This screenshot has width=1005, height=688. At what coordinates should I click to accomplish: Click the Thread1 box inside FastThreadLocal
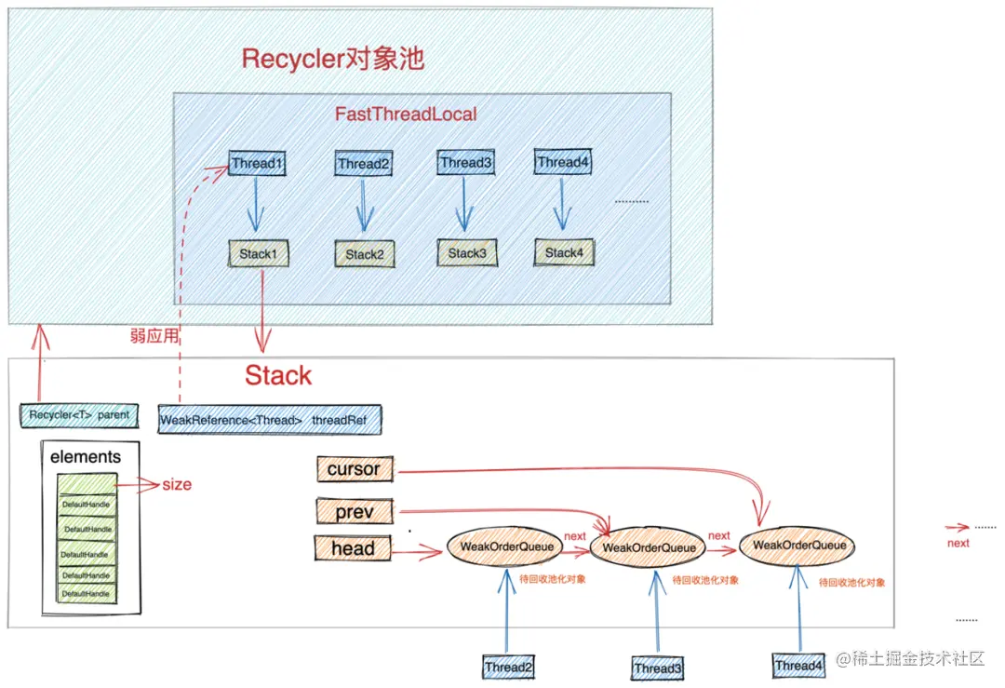256,164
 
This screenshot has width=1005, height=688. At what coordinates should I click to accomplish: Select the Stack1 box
258,254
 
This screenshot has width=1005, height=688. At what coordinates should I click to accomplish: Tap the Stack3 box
466,253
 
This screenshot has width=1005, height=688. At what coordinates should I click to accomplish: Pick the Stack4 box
563,252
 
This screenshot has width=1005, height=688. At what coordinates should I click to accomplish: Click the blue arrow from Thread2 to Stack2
364,206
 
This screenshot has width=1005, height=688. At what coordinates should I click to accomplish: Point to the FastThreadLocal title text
406,115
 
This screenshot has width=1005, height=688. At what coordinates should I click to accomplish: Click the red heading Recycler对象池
332,60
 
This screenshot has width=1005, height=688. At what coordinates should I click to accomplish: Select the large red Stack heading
278,376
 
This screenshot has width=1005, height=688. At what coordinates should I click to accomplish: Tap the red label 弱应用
154,336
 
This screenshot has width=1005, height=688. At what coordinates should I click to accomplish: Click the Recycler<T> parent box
79,414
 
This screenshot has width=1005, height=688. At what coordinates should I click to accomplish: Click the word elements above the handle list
85,457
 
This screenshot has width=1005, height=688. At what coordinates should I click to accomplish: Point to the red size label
177,484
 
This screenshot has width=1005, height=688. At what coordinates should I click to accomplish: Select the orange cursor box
354,470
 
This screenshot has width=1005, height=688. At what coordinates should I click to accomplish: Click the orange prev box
354,511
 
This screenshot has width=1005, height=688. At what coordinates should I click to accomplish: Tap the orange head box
354,549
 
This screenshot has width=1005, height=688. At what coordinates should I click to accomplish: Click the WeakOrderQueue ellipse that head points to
505,547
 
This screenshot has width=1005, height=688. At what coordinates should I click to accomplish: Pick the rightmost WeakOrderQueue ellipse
797,545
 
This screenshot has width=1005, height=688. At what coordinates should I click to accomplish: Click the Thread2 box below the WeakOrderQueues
508,667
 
